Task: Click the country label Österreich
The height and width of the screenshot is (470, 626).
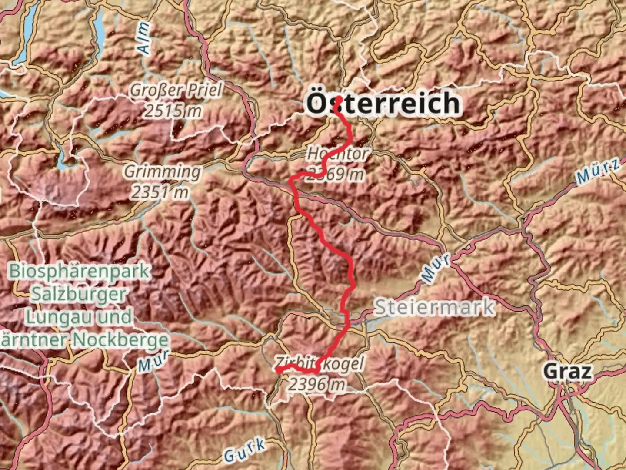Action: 383,104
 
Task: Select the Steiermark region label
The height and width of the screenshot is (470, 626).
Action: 434,307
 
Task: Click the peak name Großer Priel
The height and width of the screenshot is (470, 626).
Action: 176,91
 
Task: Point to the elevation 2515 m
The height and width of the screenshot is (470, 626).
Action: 173,111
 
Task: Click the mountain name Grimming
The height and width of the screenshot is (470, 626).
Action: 163,171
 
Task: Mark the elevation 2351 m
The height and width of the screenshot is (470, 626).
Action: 160,192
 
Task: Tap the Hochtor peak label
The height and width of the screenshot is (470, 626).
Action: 337,154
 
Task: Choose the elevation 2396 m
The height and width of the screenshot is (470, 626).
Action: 317,384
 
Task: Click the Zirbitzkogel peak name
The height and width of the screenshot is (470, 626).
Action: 319,363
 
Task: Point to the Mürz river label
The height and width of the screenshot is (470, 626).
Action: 598,171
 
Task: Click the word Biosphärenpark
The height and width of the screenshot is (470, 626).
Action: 80,271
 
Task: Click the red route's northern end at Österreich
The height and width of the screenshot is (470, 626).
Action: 338,99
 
